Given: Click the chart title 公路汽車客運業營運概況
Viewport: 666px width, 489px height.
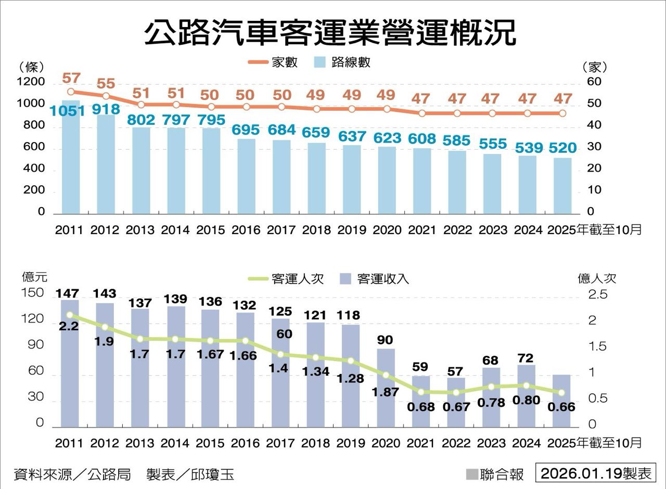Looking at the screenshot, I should (x=330, y=32).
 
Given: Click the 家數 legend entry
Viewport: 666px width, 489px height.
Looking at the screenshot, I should (x=273, y=62).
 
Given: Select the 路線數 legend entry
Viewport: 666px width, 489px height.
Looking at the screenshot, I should (x=343, y=62).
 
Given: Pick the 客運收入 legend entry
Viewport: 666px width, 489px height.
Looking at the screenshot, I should (x=374, y=278).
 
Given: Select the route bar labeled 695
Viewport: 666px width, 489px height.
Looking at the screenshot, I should (x=247, y=177).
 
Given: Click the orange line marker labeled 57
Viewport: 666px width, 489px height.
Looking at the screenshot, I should (x=71, y=92).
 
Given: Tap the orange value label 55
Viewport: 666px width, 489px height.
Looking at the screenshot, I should (x=106, y=83).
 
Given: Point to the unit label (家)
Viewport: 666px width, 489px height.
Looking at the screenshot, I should (x=594, y=67).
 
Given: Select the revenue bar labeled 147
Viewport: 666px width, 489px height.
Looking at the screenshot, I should (x=70, y=364).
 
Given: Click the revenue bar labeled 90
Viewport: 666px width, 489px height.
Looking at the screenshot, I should (x=386, y=388).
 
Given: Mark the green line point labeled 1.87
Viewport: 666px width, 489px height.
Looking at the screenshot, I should (x=386, y=375).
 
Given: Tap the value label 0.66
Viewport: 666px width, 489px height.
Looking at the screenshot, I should (x=561, y=407).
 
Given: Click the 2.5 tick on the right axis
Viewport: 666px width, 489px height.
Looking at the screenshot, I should (x=597, y=294).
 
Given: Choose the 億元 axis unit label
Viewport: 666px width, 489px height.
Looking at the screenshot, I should (x=34, y=277).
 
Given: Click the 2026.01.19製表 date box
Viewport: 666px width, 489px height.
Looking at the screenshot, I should (x=596, y=473).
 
